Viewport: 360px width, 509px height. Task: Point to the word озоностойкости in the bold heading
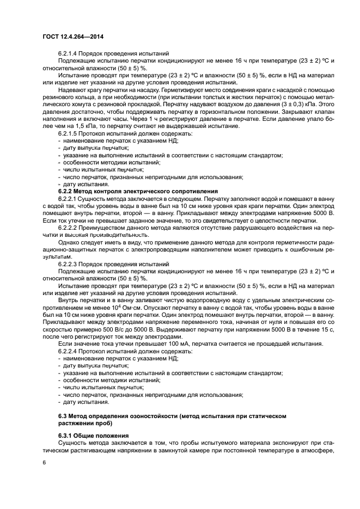pos(145,415)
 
